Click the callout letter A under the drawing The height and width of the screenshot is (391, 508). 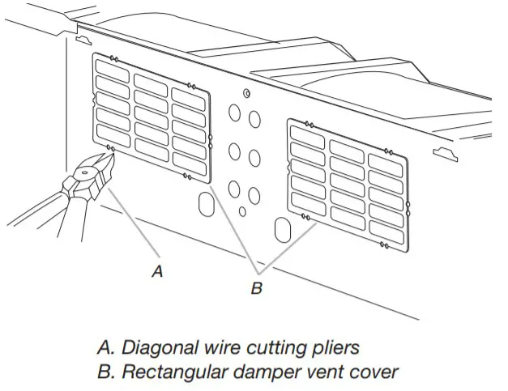tap(157, 272)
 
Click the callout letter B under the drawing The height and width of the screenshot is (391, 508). tap(255, 288)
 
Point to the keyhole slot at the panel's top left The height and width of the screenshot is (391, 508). tap(81, 38)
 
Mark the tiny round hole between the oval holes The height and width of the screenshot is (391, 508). tap(242, 211)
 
